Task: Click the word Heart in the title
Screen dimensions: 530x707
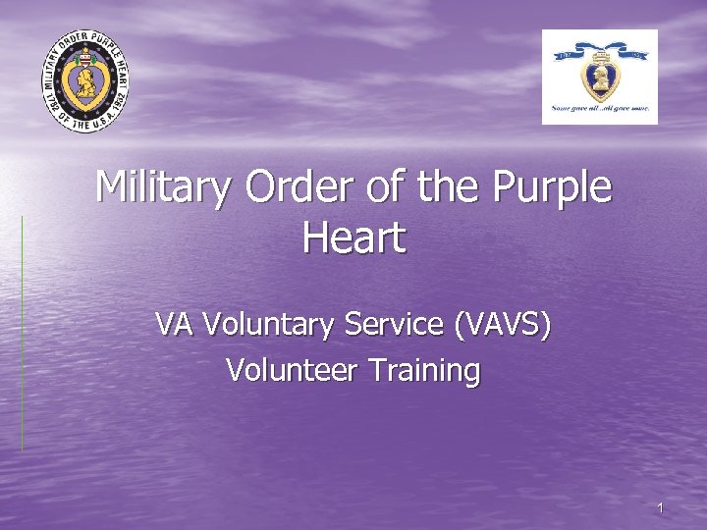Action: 353,238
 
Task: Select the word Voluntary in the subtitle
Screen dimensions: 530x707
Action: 271,325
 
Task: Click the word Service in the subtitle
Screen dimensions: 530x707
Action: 397,324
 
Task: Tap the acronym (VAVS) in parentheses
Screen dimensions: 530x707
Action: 503,325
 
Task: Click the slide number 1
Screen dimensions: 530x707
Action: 661,507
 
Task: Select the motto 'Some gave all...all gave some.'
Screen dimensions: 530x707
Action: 600,109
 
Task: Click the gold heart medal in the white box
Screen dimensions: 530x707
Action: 600,79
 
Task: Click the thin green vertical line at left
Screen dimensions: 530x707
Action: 22,334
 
